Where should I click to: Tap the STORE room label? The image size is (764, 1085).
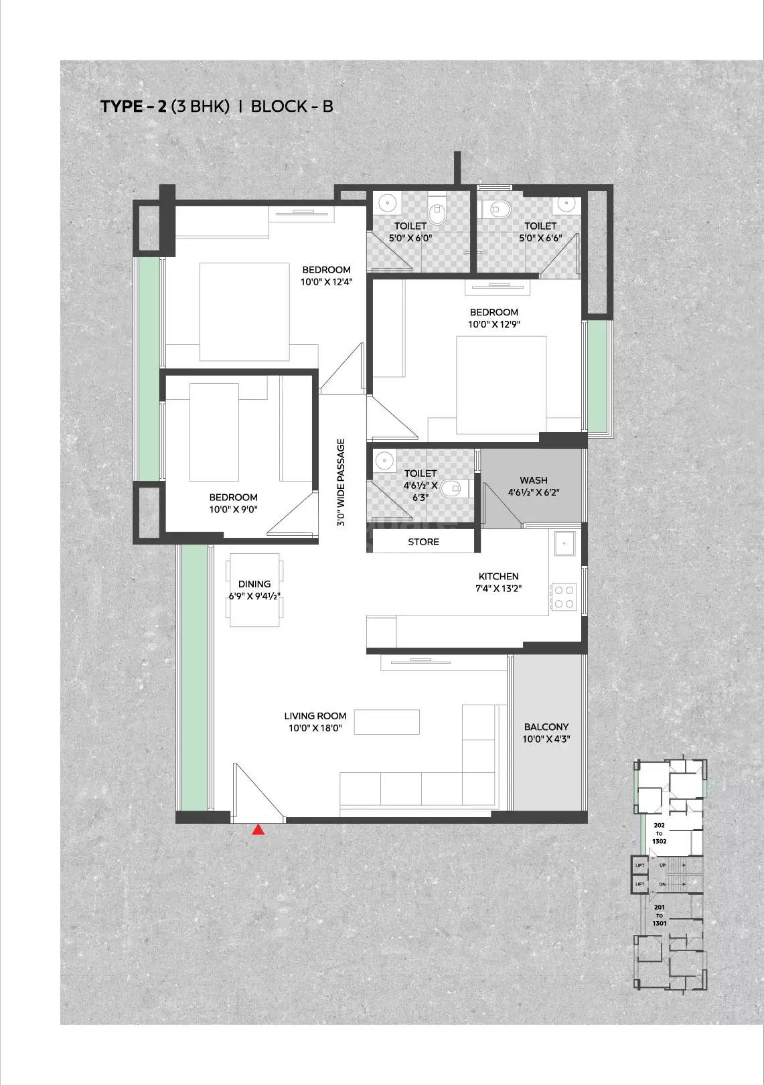pos(423,542)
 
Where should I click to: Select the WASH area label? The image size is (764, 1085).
pos(533,480)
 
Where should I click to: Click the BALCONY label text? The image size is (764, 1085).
pos(546,727)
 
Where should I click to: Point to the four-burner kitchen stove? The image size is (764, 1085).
pos(563,597)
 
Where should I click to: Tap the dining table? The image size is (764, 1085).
pos(254,590)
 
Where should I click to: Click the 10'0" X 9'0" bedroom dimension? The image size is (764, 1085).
pos(233,509)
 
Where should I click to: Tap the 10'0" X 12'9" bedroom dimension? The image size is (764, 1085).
pos(494,324)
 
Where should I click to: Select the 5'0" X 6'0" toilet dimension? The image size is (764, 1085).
pos(410,238)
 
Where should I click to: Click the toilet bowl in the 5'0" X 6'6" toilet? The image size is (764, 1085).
pos(499,210)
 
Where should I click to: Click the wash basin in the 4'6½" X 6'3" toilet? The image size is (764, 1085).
pos(383,460)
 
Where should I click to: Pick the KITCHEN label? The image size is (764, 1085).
pos(498,576)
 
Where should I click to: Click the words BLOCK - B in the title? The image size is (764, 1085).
pos(291,106)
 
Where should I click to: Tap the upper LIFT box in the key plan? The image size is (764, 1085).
pos(639,866)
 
